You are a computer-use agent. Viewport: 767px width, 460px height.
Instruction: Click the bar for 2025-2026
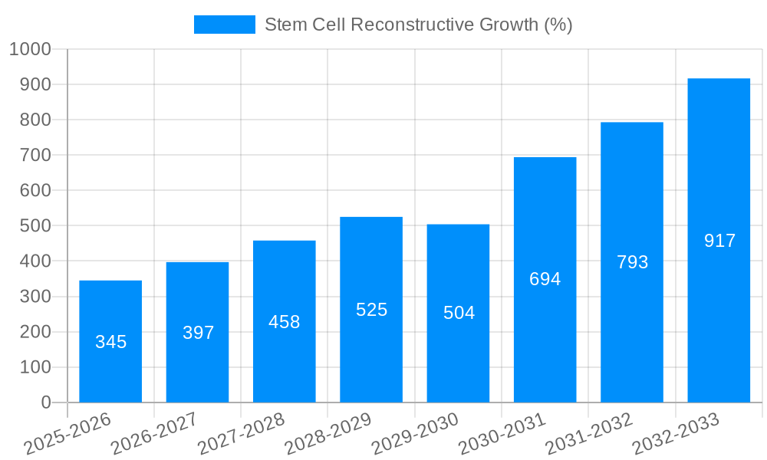pos(110,341)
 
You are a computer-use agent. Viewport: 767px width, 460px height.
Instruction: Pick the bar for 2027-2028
pos(284,321)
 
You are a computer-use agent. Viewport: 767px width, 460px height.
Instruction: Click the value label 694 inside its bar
pos(545,279)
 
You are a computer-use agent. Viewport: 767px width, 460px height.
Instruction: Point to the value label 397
pos(198,333)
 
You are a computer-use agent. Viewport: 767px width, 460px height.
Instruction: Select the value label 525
pos(371,310)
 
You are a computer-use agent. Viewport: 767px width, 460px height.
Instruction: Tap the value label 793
pos(632,262)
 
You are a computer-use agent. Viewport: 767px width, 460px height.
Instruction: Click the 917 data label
pos(719,241)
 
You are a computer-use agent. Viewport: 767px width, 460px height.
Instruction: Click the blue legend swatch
pos(224,25)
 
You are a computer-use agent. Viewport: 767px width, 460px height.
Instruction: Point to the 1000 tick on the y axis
pos(30,49)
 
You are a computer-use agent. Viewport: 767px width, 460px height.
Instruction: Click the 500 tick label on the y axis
pos(35,226)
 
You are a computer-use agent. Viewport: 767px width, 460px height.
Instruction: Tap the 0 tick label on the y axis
pos(45,402)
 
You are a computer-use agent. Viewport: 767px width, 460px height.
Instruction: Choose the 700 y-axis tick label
pos(35,155)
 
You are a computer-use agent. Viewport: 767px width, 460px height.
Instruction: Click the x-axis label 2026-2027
pos(154,434)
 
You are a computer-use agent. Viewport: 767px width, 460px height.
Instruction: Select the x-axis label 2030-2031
pos(502,434)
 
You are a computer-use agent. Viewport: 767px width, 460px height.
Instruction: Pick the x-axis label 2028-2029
pos(328,434)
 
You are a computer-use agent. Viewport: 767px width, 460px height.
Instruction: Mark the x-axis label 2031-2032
pos(589,434)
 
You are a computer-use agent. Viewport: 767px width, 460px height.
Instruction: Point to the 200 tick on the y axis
pos(35,332)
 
